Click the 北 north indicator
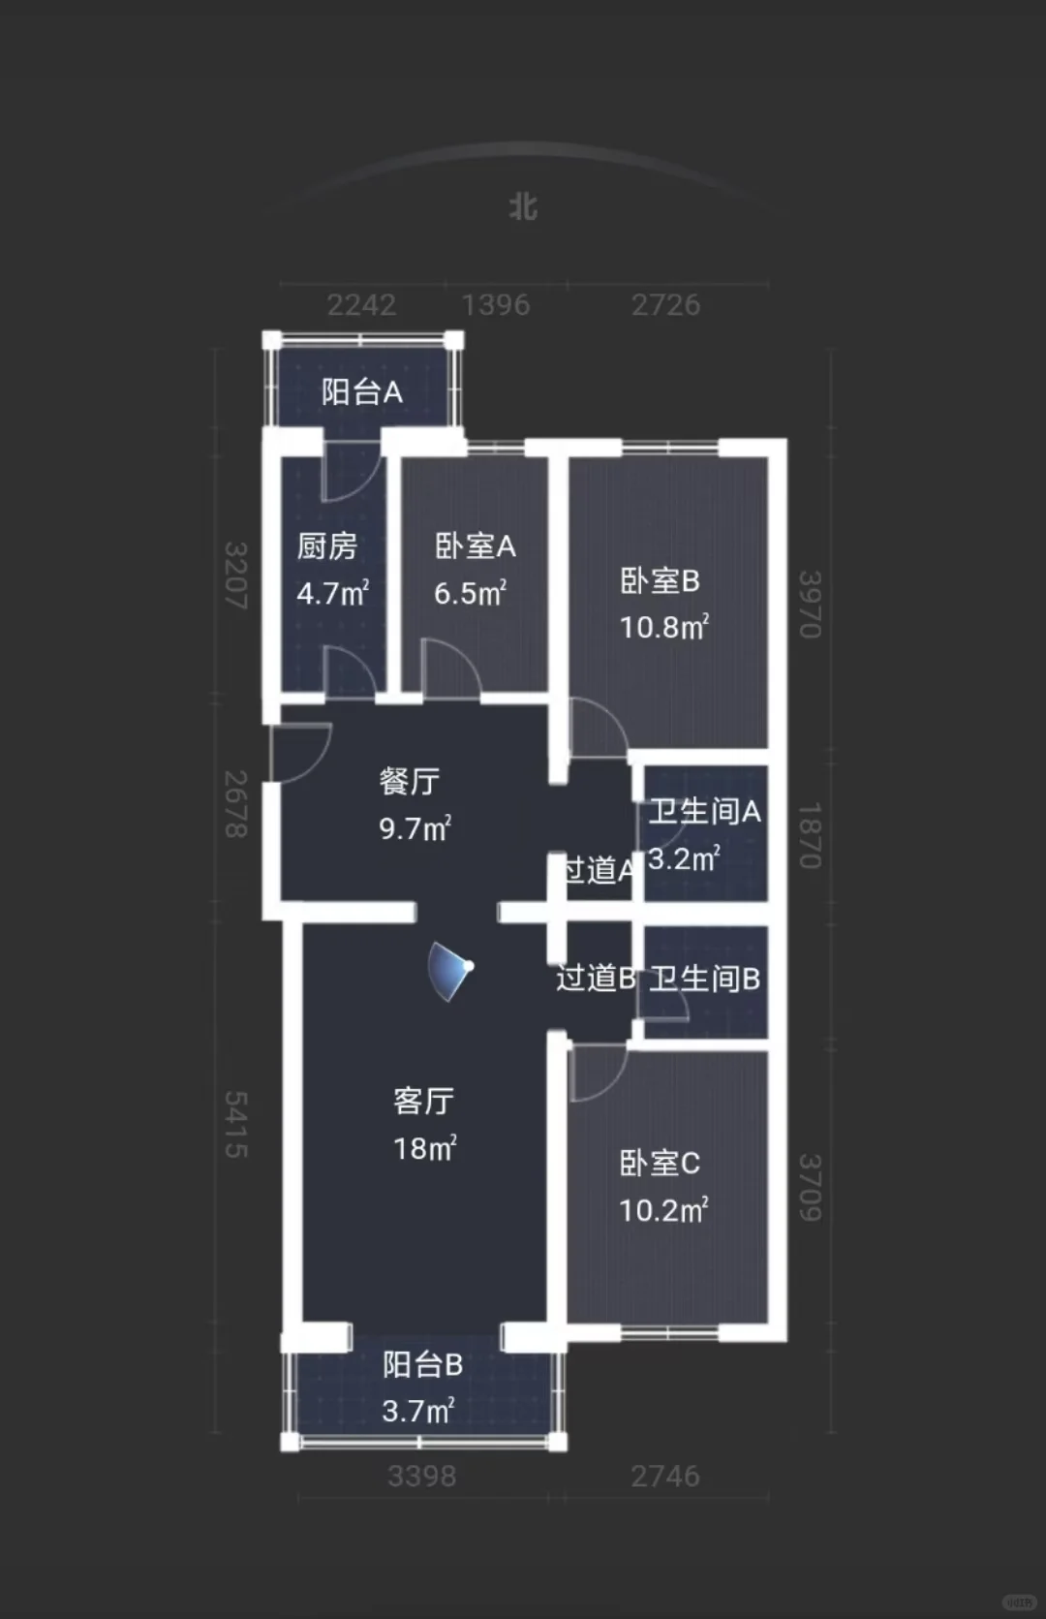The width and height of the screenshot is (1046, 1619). [523, 206]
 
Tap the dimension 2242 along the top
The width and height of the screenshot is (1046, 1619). [361, 305]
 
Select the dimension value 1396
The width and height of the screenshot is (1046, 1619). [496, 305]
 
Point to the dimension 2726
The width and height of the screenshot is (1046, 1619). [665, 305]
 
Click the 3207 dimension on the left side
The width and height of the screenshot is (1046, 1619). [236, 576]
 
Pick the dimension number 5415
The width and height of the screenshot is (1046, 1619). [236, 1124]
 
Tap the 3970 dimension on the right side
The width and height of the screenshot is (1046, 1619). [810, 605]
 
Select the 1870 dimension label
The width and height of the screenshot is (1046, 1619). [810, 835]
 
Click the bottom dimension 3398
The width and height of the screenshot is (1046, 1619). [422, 1476]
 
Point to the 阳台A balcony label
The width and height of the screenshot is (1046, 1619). [362, 392]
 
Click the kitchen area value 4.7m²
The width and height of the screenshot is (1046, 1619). [333, 593]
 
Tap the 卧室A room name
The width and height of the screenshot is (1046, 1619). [476, 546]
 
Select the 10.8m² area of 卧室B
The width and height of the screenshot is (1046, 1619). [663, 626]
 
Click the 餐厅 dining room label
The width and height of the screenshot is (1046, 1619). [410, 781]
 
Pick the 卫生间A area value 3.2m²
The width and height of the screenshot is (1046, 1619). [684, 858]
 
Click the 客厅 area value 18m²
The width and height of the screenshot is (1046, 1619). [425, 1148]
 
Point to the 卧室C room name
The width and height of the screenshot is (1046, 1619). [660, 1164]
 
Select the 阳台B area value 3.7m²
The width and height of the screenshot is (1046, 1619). [418, 1411]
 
